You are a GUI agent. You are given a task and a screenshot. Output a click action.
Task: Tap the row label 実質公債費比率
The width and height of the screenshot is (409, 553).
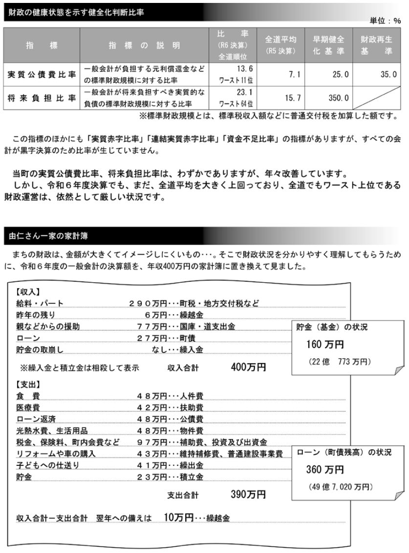point(42,75)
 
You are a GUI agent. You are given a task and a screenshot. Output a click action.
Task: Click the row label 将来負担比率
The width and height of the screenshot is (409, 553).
point(42,98)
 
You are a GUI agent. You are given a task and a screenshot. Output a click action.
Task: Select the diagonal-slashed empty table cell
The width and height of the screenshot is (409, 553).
point(375,98)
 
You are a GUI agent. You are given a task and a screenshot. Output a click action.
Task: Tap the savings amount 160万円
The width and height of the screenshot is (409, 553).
point(325,345)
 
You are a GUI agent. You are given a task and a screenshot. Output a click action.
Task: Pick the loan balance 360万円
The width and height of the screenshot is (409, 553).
point(325,470)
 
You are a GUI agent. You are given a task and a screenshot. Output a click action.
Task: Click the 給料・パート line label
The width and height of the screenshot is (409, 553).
point(40,303)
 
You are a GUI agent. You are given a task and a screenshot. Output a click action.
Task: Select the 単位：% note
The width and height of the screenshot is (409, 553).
point(386,21)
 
